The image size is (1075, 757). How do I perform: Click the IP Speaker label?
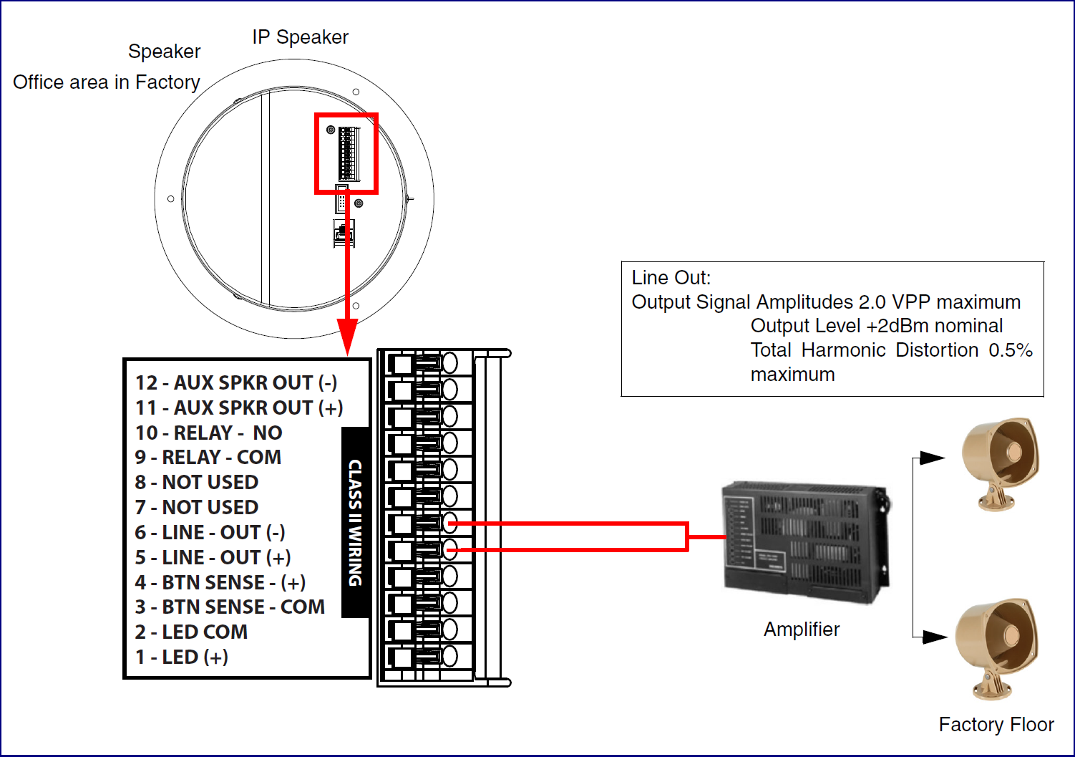300,37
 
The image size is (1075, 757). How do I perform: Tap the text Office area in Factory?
106,82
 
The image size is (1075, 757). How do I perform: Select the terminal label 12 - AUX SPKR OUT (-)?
236,383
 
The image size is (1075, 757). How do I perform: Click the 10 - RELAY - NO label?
209,433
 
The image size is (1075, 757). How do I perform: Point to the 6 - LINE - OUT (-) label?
210,532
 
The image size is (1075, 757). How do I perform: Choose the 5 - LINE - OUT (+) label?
213,557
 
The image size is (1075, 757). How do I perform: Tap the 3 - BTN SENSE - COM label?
230,607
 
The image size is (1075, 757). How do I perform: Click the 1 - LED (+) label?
181,657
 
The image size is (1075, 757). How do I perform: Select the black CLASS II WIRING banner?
355,523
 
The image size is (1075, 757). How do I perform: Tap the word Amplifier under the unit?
802,630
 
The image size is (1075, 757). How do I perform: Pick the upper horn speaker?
1001,463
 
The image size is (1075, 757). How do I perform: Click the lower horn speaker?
996,648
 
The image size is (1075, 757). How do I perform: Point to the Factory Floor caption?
996,724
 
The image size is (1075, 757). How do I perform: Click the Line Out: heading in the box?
671,278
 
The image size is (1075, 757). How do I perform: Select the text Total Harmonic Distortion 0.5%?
891,350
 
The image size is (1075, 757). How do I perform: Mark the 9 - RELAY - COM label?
208,457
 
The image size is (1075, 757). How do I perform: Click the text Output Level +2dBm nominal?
876,326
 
